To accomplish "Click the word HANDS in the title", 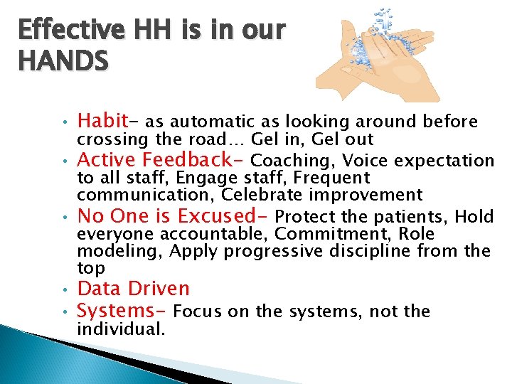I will tap(64, 62).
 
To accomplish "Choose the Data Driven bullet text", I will tap(133, 289).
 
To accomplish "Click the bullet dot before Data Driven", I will tap(64, 290).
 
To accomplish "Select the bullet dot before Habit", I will tap(64, 121).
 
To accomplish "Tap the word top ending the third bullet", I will tap(91, 268).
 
